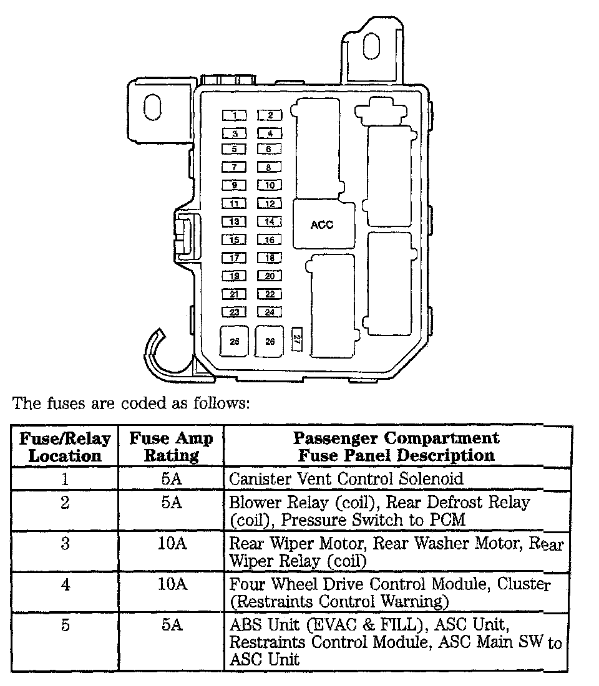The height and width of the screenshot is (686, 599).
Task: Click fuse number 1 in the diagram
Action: [x=235, y=115]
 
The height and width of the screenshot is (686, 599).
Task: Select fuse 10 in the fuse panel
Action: [x=270, y=185]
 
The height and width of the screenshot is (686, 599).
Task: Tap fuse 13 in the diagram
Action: [x=235, y=221]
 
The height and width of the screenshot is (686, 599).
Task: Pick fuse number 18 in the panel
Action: [x=270, y=258]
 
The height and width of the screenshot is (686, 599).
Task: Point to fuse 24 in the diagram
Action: [x=270, y=312]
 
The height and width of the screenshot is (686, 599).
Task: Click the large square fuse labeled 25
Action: [x=235, y=342]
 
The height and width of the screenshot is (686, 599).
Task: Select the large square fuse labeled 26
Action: [x=270, y=342]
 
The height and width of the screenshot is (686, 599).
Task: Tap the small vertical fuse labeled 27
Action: [x=298, y=339]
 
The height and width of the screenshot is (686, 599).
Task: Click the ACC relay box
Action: [x=323, y=225]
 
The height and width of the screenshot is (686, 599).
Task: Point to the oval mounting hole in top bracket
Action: [x=372, y=47]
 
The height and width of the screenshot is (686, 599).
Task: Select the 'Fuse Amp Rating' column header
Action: [x=171, y=447]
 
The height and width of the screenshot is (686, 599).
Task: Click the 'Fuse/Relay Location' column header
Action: [x=65, y=447]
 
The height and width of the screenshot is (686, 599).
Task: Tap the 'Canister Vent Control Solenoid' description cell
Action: [x=346, y=479]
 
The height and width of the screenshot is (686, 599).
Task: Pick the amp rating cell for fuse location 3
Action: [x=171, y=543]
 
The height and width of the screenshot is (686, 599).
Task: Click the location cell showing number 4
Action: [x=65, y=585]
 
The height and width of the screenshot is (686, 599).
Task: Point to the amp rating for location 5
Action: [x=171, y=625]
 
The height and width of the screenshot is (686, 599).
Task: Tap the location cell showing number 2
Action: [x=65, y=503]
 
